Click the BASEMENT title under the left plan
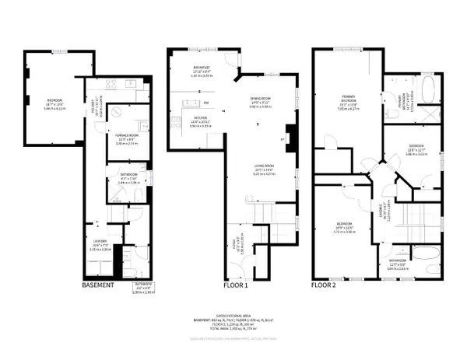(99, 285)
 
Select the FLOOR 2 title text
(327, 285)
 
